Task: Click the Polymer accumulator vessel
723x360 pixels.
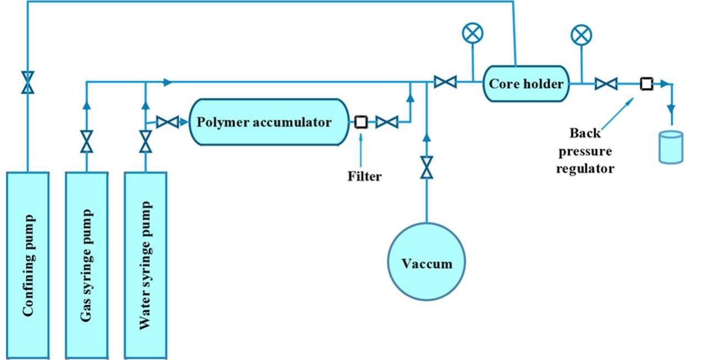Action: click(x=268, y=122)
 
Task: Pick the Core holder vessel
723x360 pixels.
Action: click(x=526, y=83)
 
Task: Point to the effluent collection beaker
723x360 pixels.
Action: click(x=670, y=147)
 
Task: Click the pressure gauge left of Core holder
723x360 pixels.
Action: click(x=472, y=35)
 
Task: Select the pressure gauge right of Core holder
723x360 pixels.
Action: click(x=581, y=36)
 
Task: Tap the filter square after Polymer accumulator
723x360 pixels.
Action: click(x=361, y=122)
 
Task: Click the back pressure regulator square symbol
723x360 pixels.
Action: click(x=647, y=83)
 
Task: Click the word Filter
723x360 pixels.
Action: click(x=364, y=177)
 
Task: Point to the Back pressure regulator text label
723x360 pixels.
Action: click(x=585, y=151)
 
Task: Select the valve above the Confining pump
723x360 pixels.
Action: click(x=27, y=83)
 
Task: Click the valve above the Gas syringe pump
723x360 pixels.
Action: click(x=86, y=142)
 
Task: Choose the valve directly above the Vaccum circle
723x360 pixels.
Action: click(x=427, y=167)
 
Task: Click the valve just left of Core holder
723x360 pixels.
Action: click(x=445, y=83)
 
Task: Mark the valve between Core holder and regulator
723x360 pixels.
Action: click(x=606, y=83)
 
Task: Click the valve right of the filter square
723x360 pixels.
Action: click(x=386, y=122)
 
